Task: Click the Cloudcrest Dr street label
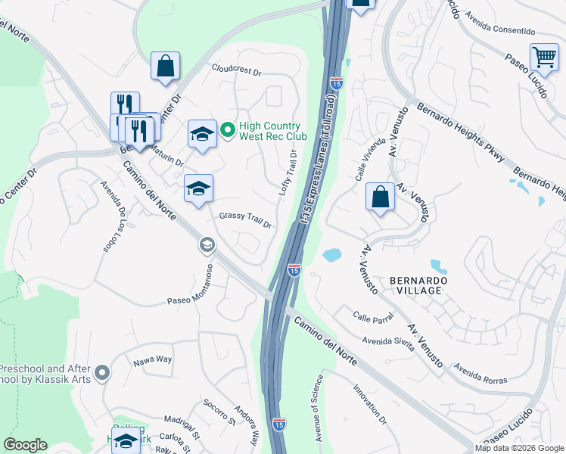pos(236,71)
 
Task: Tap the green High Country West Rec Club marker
pos(226,131)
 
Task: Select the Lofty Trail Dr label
pos(288,173)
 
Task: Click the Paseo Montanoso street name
pos(193,297)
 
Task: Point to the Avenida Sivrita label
pos(387,344)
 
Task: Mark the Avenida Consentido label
pos(499,24)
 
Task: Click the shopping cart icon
pos(544,57)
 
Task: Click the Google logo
pos(25,444)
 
